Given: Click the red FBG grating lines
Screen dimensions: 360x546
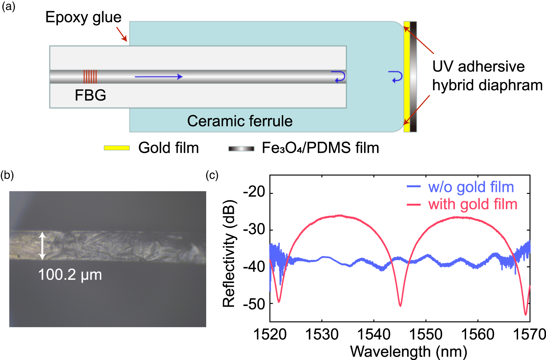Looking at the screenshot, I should (90, 76).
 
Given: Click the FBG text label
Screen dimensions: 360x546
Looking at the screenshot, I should (90, 95).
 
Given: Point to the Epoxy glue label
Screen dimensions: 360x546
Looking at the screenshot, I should (83, 17).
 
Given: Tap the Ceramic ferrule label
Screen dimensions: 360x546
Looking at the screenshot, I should (240, 121).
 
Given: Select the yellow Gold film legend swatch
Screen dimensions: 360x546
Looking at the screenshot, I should (117, 148).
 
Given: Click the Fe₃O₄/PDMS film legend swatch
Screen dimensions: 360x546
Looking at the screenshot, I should (241, 149).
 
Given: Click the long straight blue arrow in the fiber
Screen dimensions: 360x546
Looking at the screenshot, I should (159, 77).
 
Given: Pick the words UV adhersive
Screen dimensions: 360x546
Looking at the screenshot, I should (478, 66).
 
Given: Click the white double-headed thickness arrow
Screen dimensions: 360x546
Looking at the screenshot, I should (42, 246).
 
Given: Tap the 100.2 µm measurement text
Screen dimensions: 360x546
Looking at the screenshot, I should (70, 275).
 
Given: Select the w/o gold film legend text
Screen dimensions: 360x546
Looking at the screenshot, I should (471, 187).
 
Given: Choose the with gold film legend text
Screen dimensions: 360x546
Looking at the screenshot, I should (473, 204).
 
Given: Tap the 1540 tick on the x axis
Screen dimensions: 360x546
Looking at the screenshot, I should (374, 335).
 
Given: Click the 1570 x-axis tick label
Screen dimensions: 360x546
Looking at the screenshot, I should (530, 335).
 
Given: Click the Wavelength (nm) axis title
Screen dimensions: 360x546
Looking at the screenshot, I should (409, 351).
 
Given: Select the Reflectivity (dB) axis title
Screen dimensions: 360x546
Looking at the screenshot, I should (229, 254).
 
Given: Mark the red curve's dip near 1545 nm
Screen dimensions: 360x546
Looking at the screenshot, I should (400, 306).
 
